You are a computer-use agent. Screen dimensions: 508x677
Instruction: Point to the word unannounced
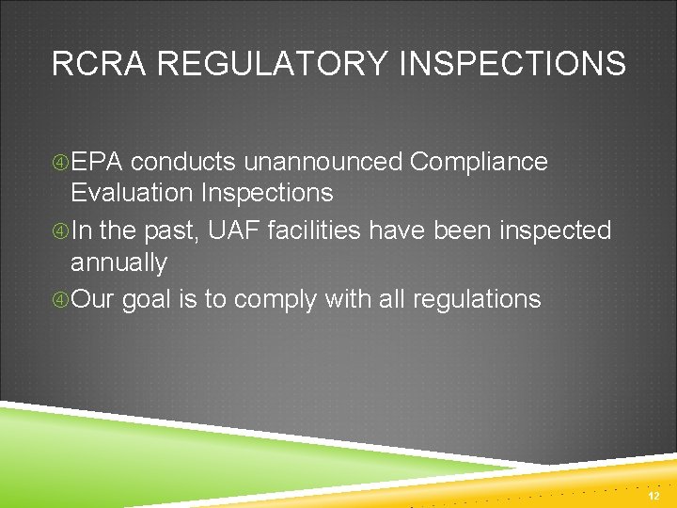point(323,162)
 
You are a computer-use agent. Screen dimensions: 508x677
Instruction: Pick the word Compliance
point(479,162)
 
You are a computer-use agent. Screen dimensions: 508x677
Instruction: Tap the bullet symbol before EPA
point(60,163)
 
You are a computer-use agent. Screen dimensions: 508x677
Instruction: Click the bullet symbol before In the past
point(60,231)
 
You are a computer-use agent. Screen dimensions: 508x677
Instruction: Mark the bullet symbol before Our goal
point(60,300)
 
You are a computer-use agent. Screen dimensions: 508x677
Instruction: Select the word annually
point(118,262)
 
